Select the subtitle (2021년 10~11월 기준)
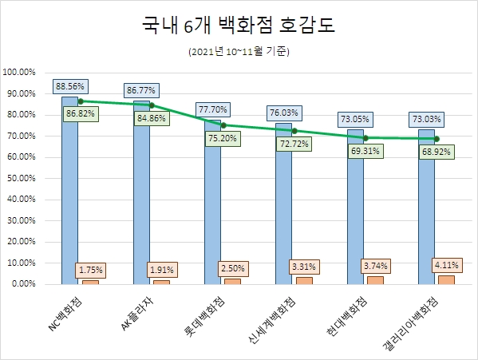[239, 53]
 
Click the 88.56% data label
[70, 85]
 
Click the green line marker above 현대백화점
[365, 137]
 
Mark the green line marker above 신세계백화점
[294, 130]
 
